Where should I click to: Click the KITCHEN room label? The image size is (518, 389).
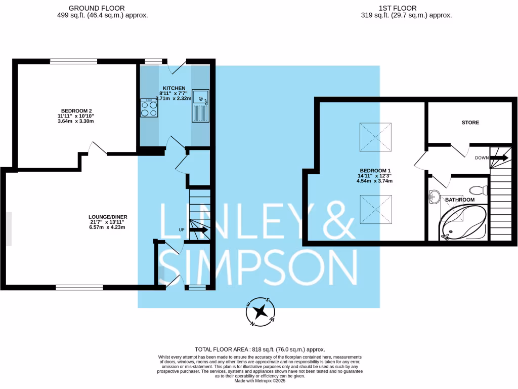174,88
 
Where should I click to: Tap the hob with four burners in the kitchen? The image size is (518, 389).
149,107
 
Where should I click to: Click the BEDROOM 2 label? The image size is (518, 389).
76,110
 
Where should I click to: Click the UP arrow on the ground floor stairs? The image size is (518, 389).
198,229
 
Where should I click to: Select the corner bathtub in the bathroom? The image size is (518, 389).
463,224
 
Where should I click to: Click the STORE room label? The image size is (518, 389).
470,123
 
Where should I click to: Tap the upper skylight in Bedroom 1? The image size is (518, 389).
375,137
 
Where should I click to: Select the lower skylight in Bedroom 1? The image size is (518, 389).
375,210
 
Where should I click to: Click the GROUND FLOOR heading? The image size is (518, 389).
96,8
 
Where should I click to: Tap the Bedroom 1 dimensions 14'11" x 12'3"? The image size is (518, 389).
375,176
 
